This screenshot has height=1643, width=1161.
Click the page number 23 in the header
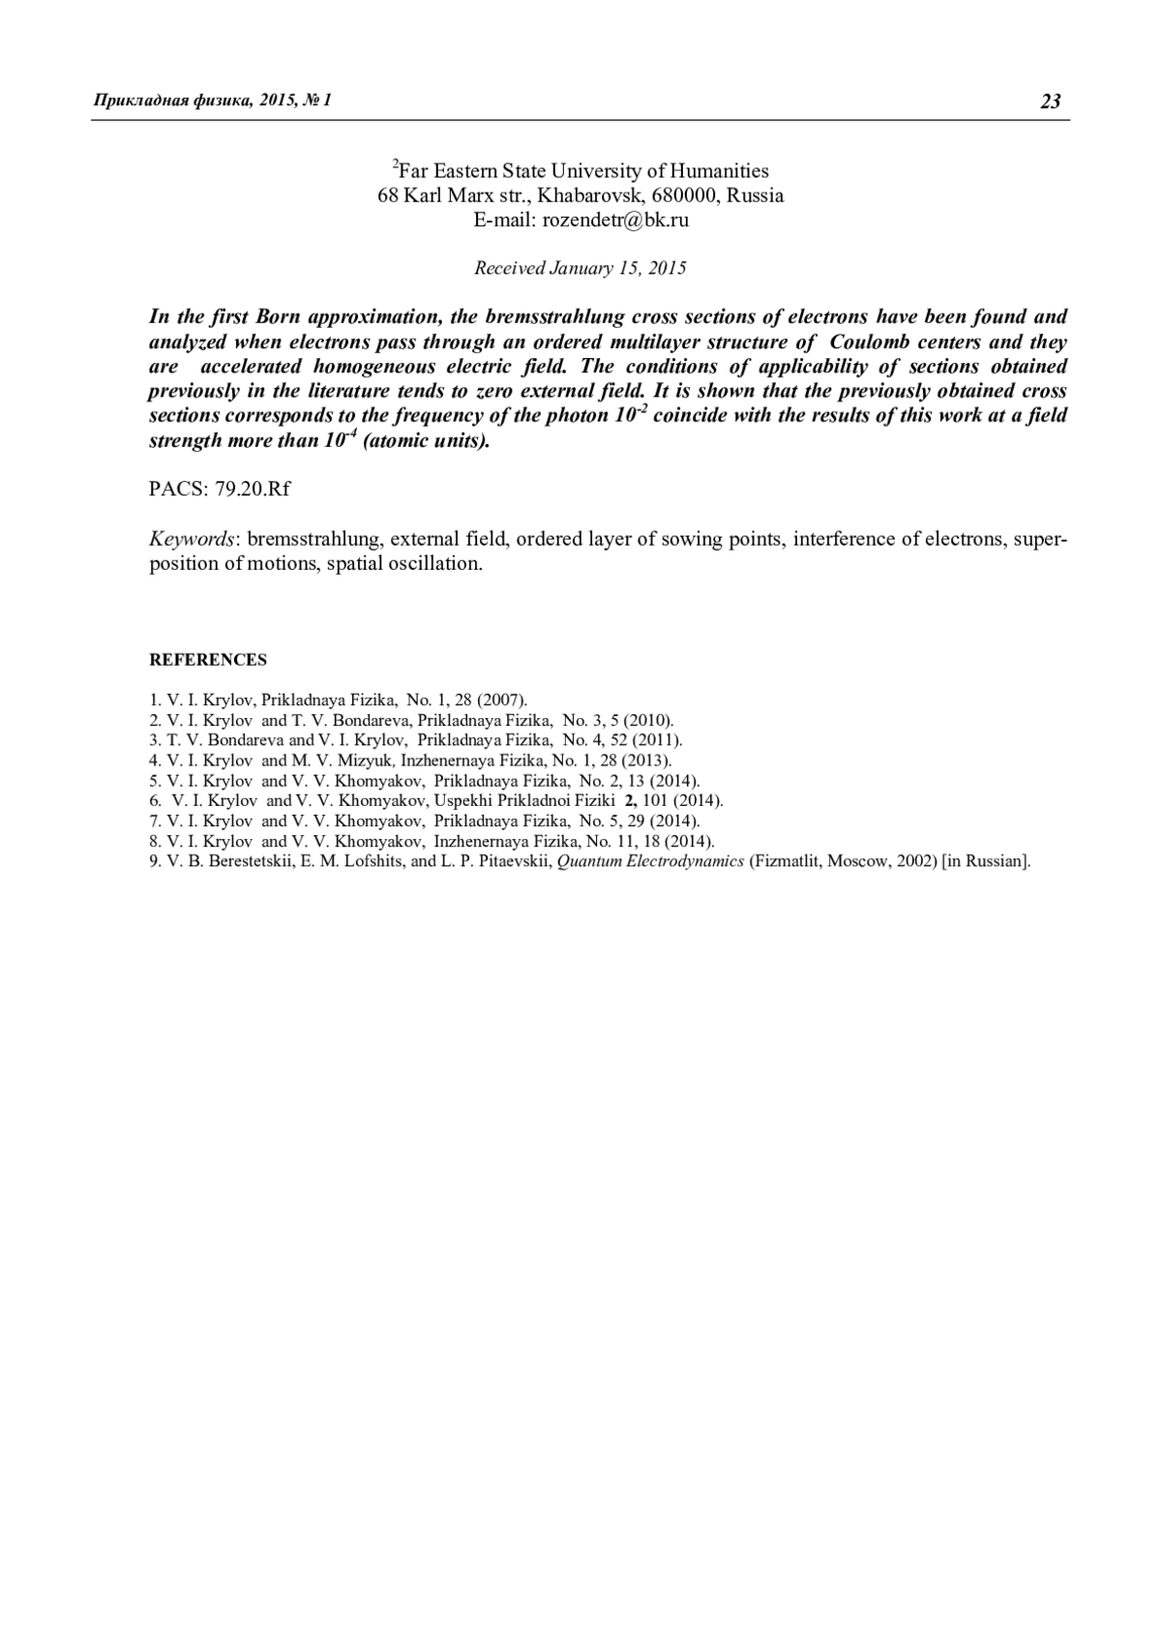pyautogui.click(x=1051, y=102)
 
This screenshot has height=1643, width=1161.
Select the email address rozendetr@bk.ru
pyautogui.click(x=615, y=220)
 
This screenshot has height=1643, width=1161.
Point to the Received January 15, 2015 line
pyautogui.click(x=580, y=268)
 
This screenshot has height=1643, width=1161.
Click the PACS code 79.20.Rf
pyautogui.click(x=253, y=489)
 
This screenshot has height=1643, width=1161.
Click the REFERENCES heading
pyautogui.click(x=208, y=660)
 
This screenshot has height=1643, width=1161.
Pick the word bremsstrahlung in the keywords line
pyautogui.click(x=316, y=539)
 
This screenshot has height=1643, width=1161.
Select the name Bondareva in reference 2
pyautogui.click(x=372, y=720)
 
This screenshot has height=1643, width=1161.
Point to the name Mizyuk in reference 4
pyautogui.click(x=364, y=761)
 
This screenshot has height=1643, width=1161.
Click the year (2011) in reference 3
pyautogui.click(x=658, y=740)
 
